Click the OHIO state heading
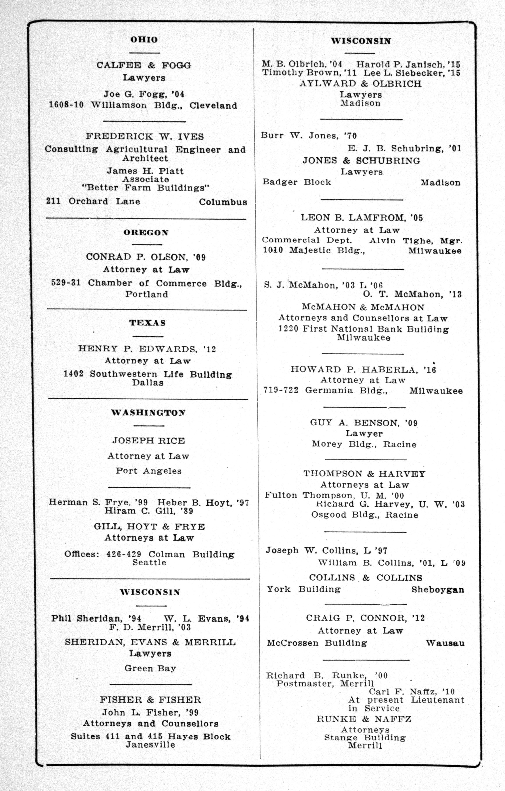click(x=144, y=40)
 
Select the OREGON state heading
click(x=146, y=233)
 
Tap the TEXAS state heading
click(x=147, y=323)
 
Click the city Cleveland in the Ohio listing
click(x=213, y=106)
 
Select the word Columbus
click(x=223, y=202)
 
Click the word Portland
click(x=146, y=294)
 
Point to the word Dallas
click(x=148, y=383)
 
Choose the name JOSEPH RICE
click(x=149, y=441)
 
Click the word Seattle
click(x=149, y=563)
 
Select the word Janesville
click(x=150, y=745)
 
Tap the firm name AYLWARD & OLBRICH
click(x=360, y=84)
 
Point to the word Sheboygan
click(x=438, y=590)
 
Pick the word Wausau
click(x=445, y=643)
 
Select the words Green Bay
click(x=150, y=669)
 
